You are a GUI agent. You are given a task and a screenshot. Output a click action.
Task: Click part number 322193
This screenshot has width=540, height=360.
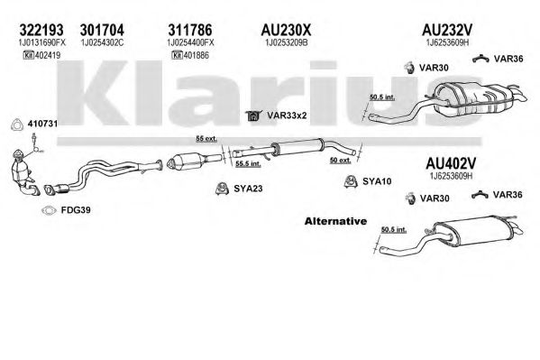click(41, 30)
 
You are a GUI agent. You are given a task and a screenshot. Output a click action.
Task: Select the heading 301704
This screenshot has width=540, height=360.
click(102, 30)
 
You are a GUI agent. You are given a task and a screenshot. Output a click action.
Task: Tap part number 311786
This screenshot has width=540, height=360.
click(190, 30)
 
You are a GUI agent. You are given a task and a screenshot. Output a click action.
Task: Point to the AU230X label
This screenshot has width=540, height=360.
click(286, 30)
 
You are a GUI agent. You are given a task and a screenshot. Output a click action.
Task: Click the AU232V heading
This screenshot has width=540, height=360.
click(447, 30)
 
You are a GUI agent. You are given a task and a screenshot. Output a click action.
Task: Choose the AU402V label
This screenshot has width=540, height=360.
click(451, 163)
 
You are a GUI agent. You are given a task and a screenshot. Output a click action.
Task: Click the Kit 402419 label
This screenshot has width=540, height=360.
click(41, 55)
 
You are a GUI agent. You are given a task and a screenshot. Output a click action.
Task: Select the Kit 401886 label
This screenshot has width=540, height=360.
click(190, 55)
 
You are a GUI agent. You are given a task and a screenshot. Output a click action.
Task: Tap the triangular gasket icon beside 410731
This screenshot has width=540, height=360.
click(16, 125)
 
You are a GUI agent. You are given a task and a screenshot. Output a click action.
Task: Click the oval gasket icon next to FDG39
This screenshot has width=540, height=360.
click(49, 210)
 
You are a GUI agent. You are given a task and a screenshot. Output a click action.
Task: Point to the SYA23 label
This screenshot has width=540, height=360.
click(248, 189)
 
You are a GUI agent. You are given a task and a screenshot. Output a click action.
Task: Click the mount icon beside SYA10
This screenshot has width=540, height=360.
click(351, 181)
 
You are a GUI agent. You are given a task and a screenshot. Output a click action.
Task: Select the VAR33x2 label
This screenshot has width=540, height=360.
click(287, 115)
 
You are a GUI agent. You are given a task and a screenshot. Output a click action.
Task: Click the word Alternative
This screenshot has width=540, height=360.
click(335, 221)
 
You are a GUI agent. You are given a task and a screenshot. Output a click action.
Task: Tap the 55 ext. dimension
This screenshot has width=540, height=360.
click(206, 139)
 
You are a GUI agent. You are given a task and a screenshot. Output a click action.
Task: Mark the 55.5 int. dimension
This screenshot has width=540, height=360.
click(248, 164)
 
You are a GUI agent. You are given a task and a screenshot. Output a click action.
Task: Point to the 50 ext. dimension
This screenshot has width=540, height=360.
click(340, 161)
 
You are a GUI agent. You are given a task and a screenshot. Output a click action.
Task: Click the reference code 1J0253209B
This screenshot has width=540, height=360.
click(286, 42)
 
